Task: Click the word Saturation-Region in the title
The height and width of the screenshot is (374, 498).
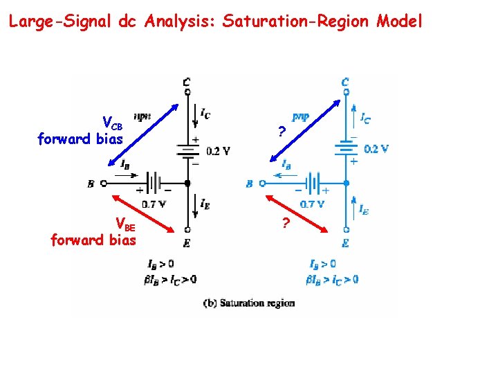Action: pos(297,21)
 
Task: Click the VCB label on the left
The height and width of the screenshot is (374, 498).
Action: pos(113,123)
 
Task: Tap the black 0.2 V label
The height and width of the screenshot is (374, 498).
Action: pos(217,151)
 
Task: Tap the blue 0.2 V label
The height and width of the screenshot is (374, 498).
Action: pos(376,148)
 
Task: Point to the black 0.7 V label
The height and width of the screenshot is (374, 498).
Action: pos(154,204)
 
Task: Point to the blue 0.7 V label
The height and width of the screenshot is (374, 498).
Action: pos(313,204)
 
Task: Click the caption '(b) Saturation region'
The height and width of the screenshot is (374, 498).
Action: pos(249,303)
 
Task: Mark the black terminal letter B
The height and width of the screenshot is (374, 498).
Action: pos(91,184)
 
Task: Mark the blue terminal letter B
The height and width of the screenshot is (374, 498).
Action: pos(249,184)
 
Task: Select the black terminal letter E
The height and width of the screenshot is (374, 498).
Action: pos(187,243)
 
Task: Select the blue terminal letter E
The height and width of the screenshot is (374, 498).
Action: pos(345,243)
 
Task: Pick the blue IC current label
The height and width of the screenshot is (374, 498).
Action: pos(365,118)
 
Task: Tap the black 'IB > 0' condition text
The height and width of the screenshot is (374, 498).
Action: pos(160,264)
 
